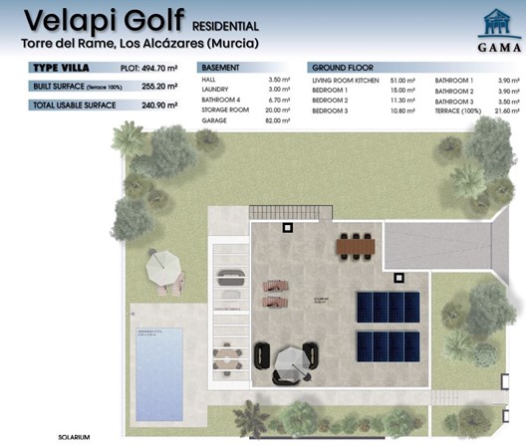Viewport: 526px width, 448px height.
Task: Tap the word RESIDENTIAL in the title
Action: point(223,25)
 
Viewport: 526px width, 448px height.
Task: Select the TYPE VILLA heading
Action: point(63,69)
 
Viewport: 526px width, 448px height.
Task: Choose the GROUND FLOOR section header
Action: point(339,69)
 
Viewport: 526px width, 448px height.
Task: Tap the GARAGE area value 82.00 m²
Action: point(278,121)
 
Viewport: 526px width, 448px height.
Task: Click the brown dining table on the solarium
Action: point(356,244)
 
